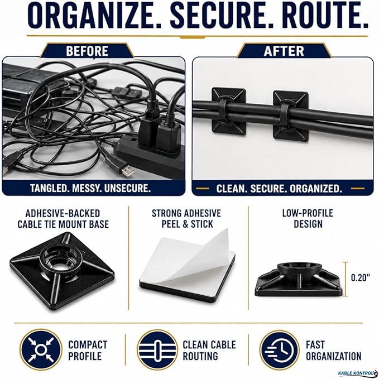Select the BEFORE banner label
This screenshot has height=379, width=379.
pyautogui.click(x=87, y=51)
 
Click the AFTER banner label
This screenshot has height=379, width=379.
pyautogui.click(x=284, y=51)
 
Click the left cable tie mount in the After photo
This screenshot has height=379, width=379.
pyautogui.click(x=228, y=111)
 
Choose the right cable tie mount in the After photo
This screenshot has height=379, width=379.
pyautogui.click(x=291, y=116)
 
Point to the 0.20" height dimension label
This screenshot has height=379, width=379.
pyautogui.click(x=360, y=278)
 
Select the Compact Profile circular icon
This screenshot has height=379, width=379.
pyautogui.click(x=41, y=349)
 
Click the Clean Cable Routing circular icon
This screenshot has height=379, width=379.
pyautogui.click(x=158, y=350)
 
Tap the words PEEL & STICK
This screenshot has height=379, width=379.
pyautogui.click(x=188, y=224)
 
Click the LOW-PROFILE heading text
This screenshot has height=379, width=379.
pyautogui.click(x=308, y=213)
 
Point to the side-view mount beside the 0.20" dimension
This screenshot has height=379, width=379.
pyautogui.click(x=299, y=279)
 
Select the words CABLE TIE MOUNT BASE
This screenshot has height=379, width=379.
pyautogui.click(x=63, y=224)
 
